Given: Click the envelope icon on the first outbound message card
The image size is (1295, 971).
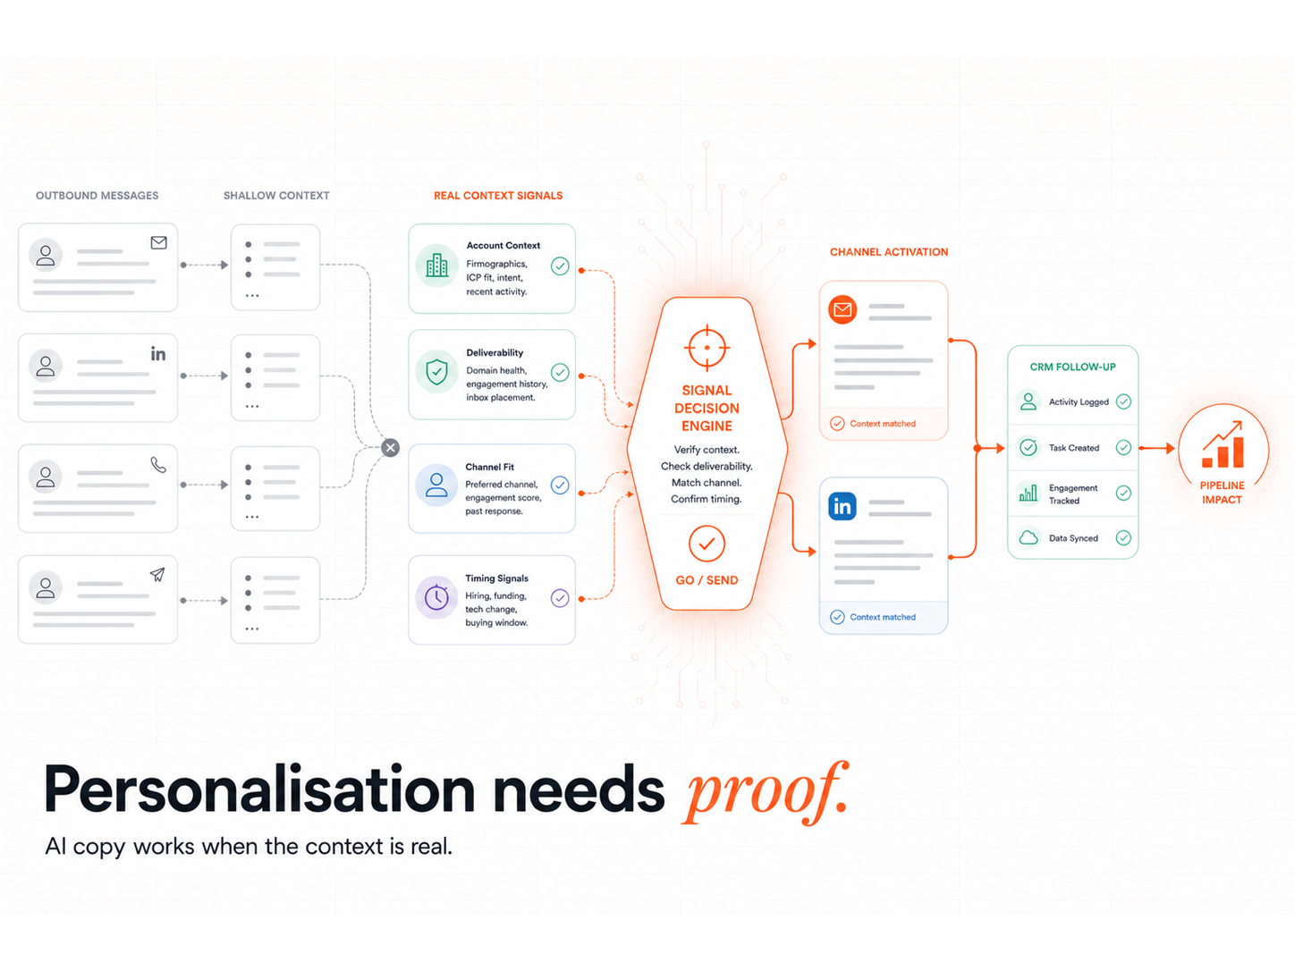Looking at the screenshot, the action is [x=158, y=242].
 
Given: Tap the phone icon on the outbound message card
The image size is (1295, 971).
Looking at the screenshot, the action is [x=158, y=465].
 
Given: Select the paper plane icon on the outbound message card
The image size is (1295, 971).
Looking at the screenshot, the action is [x=157, y=574].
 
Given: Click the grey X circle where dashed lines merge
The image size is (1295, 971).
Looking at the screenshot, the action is [x=390, y=447].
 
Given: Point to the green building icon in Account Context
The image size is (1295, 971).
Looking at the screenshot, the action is [x=436, y=266].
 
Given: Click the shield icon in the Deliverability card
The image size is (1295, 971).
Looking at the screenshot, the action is [x=436, y=371].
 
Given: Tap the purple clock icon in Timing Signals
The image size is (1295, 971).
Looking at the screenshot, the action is [x=436, y=597].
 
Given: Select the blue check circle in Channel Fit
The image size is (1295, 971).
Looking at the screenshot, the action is [x=559, y=485].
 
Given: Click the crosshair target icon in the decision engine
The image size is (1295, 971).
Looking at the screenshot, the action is [x=707, y=347].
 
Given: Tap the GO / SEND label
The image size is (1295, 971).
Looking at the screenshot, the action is [x=707, y=580].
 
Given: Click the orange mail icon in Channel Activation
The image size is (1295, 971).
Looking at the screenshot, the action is [x=842, y=309].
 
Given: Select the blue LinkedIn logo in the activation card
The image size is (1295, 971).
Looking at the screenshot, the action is [x=842, y=506].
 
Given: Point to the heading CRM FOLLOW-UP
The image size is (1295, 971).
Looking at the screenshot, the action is [x=1072, y=367].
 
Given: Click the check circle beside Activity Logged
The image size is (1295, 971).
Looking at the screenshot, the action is [x=1123, y=401].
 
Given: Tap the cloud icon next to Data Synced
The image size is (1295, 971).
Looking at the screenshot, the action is [x=1028, y=537].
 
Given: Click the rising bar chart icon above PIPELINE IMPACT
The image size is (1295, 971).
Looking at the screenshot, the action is [x=1223, y=444].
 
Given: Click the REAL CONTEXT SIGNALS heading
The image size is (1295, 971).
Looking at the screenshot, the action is [x=498, y=196].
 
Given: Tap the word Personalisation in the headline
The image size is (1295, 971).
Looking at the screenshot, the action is [x=259, y=790].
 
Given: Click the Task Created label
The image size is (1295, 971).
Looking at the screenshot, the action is [x=1074, y=448].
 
